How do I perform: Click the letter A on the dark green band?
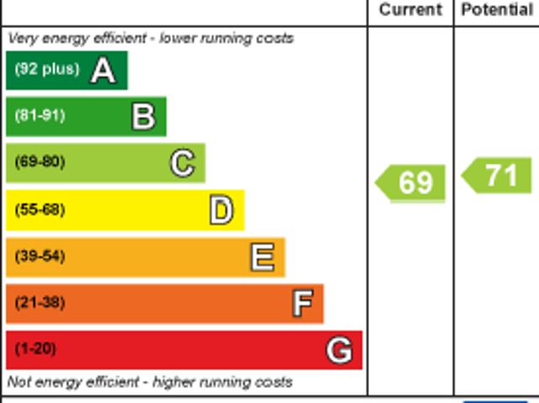coord(103,71)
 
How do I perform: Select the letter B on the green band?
coord(143,117)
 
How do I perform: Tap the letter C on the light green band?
coord(182,163)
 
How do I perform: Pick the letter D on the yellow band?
coord(221,210)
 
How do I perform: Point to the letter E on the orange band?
coord(262,257)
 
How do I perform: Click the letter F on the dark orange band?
coord(302,303)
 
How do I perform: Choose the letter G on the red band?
coord(339,349)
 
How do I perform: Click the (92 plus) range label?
coord(46,69)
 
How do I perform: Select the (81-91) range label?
coord(40,116)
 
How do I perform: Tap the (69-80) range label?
coord(40,162)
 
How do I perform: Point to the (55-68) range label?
coord(40,209)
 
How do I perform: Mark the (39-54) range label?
coord(40,256)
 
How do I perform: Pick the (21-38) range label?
coord(40,302)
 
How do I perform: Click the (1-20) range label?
coord(35,348)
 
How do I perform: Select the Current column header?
coord(410,10)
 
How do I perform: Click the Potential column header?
coord(497,10)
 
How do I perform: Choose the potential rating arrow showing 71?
coord(498,176)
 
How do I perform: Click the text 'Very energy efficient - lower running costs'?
coord(151,38)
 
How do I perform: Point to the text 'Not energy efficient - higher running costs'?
coord(150,382)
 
